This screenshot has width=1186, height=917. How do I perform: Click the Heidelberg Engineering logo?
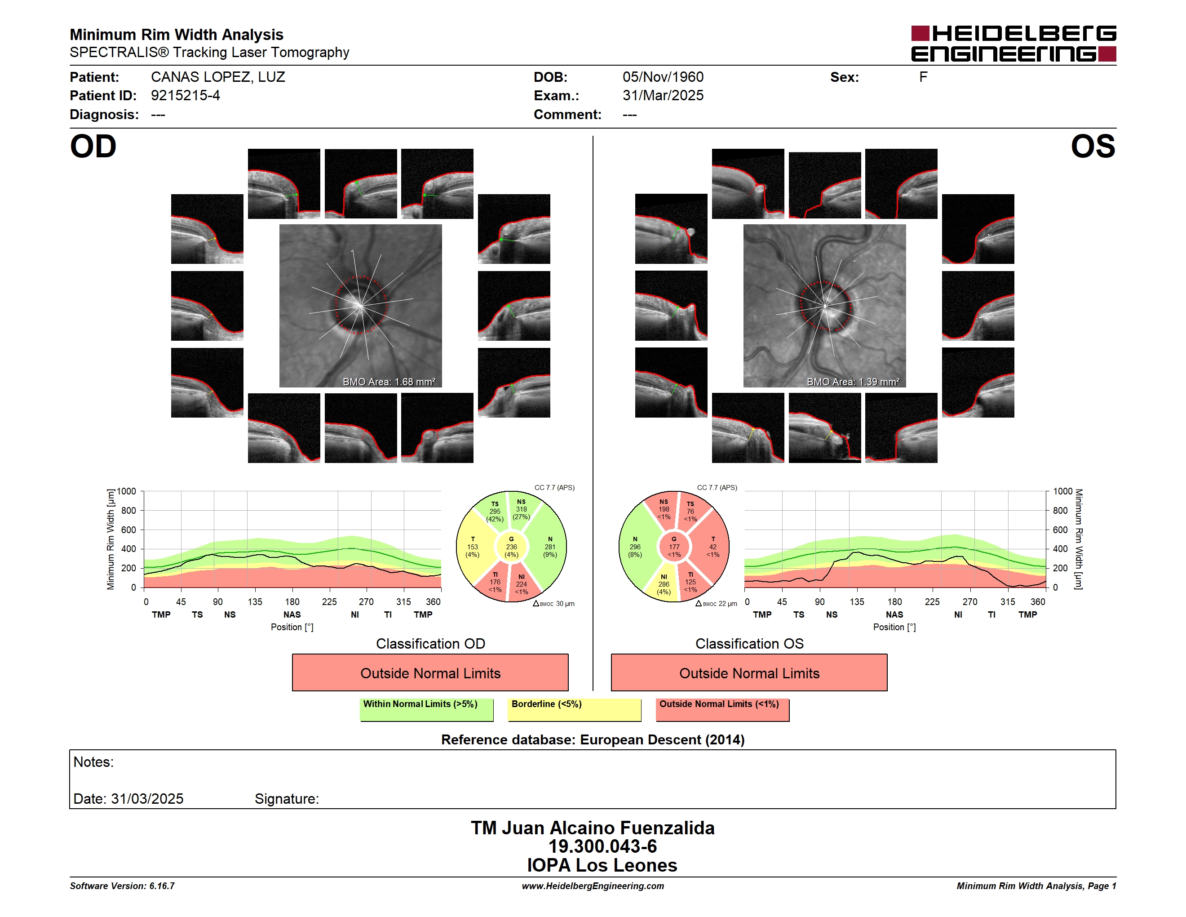pyautogui.click(x=1013, y=44)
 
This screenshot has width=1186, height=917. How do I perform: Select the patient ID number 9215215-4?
pyautogui.click(x=185, y=96)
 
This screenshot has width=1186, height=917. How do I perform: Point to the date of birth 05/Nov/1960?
pyautogui.click(x=663, y=77)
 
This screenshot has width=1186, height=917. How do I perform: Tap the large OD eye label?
pyautogui.click(x=93, y=147)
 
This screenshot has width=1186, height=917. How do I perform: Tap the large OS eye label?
pyautogui.click(x=1093, y=147)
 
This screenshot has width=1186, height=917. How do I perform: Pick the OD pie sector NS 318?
pyautogui.click(x=522, y=510)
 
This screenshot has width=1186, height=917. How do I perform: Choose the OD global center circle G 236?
pyautogui.click(x=511, y=547)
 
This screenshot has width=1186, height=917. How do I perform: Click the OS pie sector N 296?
pyautogui.click(x=635, y=547)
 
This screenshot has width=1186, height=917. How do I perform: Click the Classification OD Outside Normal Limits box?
pyautogui.click(x=430, y=672)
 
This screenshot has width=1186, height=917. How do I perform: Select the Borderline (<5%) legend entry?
pyautogui.click(x=575, y=709)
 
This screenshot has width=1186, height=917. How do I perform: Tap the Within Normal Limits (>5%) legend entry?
pyautogui.click(x=426, y=709)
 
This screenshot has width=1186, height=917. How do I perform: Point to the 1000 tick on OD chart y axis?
pyautogui.click(x=126, y=491)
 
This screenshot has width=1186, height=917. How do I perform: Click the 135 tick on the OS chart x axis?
pyautogui.click(x=856, y=601)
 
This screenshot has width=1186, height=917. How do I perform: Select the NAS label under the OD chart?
pyautogui.click(x=292, y=614)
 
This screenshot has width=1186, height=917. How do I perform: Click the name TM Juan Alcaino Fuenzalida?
pyautogui.click(x=593, y=828)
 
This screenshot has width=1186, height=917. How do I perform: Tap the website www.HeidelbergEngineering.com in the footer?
pyautogui.click(x=593, y=886)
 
